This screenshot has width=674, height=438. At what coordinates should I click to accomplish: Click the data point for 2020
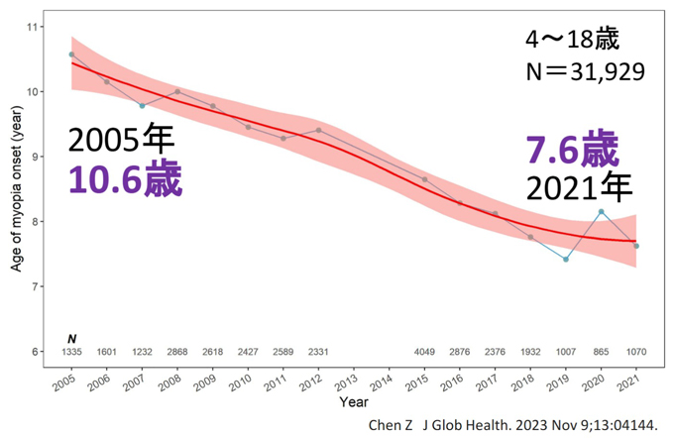(x=601, y=212)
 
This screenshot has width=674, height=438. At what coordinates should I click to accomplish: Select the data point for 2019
(x=566, y=260)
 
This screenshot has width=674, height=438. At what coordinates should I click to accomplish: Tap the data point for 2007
(x=142, y=106)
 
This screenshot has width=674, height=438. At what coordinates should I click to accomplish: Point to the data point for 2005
(x=71, y=55)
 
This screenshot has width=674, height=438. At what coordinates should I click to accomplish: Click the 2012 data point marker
(x=319, y=130)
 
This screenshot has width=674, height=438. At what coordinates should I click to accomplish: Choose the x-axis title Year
(x=353, y=403)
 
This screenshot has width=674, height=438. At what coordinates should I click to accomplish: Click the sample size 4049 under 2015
(x=424, y=352)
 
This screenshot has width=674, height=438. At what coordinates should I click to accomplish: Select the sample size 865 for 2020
(x=601, y=352)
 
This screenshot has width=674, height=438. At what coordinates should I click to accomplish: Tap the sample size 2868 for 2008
(x=177, y=352)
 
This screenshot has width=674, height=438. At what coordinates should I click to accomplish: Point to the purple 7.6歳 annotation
(x=572, y=151)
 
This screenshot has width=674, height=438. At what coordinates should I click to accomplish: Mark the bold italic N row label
(x=71, y=339)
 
